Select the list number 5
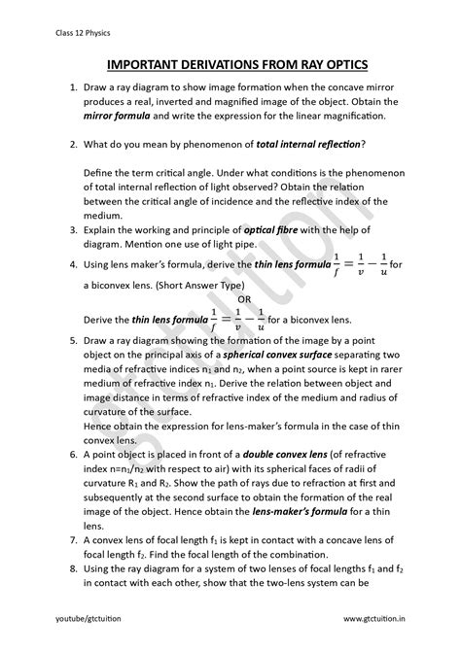72,342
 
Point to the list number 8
72,568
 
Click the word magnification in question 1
322,116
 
